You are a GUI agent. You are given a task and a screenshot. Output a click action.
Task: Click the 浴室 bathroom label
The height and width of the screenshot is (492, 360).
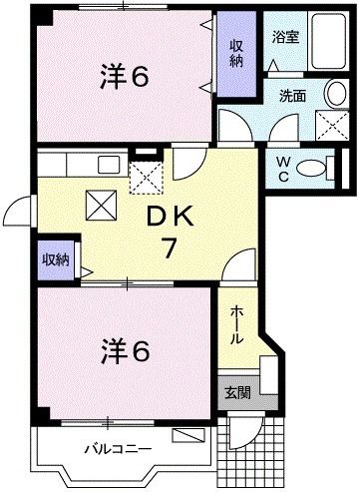(285, 37)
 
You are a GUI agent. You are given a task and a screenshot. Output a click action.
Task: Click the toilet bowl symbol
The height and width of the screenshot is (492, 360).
(316, 168)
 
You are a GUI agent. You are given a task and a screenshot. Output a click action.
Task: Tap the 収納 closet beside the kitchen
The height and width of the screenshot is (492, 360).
(55, 259)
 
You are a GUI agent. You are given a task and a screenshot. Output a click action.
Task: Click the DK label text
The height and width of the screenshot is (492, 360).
(170, 216)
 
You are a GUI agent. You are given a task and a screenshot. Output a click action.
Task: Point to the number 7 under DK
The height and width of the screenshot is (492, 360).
(170, 248)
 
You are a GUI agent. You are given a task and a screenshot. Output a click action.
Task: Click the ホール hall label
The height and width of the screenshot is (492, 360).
(235, 324)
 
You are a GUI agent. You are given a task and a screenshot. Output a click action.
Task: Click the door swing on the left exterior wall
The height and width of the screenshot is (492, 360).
(17, 210)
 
